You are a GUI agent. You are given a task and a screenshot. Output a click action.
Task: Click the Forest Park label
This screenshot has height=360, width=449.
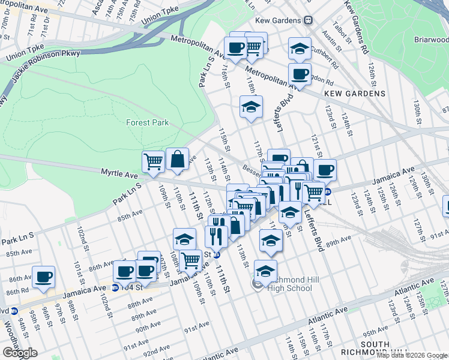coord(148,122)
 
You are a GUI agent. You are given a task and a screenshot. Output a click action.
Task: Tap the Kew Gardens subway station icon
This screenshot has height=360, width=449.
coord(309,20)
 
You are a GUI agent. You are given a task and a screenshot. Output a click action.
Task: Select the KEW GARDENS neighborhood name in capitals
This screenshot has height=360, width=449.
coord(354,94)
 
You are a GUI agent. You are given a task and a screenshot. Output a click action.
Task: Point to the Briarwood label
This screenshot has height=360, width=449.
coord(431,39)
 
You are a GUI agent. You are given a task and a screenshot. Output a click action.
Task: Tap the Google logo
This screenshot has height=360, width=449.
coord(20,353)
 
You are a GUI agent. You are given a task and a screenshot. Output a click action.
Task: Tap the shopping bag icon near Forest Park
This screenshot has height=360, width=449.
coord(177,160)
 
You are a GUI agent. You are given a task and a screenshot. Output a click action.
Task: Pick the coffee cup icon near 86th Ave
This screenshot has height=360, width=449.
coord(44,277)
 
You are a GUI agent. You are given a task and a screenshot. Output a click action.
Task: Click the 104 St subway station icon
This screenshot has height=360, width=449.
coord(115,287)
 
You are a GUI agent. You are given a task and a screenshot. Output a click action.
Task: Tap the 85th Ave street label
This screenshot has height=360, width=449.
coord(130,215)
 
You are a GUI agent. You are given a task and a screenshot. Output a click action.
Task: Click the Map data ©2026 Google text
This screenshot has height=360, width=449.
coord(412,355)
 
